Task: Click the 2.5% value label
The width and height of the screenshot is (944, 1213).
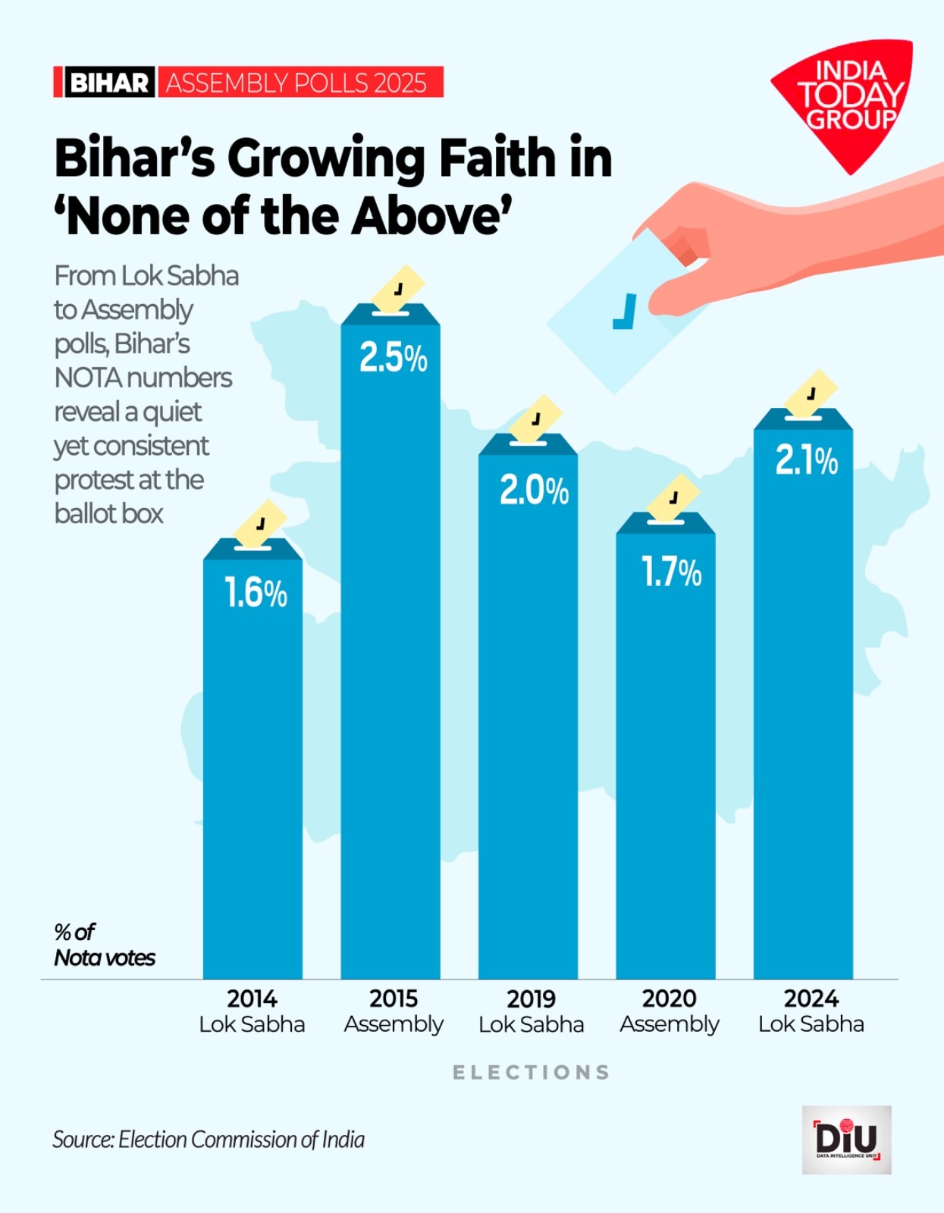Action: (393, 357)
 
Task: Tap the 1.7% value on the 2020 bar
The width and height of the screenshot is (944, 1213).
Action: (671, 572)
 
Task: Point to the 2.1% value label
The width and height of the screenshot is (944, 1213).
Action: (806, 460)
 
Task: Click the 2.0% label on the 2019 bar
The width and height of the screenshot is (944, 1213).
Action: (534, 491)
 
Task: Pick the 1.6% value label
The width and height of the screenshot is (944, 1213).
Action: (256, 593)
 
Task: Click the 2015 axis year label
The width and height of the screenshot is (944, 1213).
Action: (393, 998)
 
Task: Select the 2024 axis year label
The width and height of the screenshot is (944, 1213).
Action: (811, 998)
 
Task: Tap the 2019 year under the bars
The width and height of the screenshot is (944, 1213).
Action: (531, 998)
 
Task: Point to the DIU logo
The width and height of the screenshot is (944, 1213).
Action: (846, 1139)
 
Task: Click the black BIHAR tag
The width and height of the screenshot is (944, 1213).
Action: (108, 83)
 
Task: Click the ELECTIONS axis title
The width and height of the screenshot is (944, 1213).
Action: (531, 1072)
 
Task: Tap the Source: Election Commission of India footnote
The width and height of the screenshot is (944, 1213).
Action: (209, 1139)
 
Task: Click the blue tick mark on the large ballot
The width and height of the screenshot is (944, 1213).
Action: (624, 312)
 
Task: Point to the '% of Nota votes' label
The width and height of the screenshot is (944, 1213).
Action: (104, 945)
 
